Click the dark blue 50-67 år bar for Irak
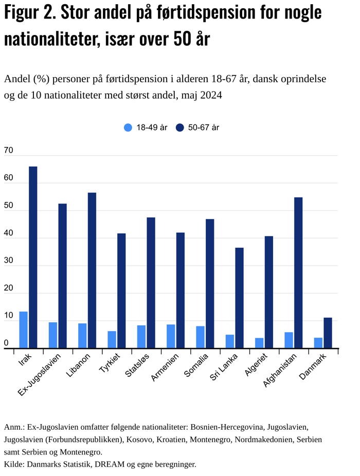click(x=33, y=257)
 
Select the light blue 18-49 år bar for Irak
click(x=23, y=329)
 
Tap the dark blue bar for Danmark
click(x=328, y=333)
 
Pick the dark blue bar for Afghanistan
click(x=298, y=272)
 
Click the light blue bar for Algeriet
click(x=259, y=343)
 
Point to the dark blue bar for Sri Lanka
click(x=239, y=298)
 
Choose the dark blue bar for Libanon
click(x=92, y=270)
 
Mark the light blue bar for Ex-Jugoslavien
click(x=53, y=335)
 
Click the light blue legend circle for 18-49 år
click(x=128, y=127)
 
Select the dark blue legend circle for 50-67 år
click(x=179, y=127)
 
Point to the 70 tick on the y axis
click(x=9, y=151)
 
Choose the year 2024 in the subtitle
click(x=211, y=95)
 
